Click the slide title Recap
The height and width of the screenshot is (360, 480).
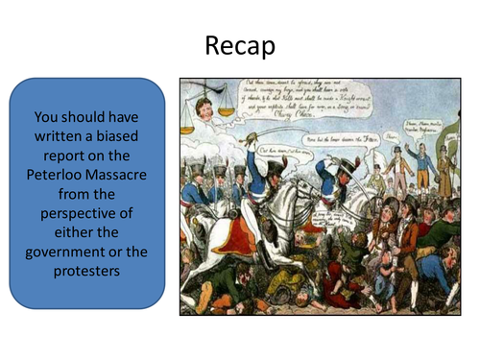click(x=240, y=45)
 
